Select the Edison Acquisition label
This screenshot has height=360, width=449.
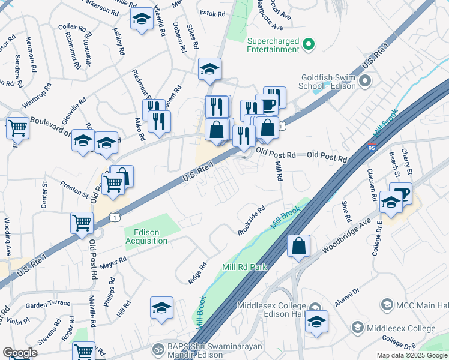click(x=146, y=236)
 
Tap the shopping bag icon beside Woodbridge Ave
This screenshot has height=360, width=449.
click(x=298, y=245)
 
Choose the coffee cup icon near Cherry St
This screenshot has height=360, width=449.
click(x=403, y=193)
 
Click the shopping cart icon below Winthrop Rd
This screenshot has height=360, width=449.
click(x=17, y=128)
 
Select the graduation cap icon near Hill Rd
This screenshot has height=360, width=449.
click(x=161, y=308)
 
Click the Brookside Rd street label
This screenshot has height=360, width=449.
click(x=251, y=221)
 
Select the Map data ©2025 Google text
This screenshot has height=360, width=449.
click(x=411, y=355)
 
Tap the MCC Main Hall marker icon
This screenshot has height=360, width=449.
click(x=387, y=305)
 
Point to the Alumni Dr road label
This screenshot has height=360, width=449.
click(x=348, y=298)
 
